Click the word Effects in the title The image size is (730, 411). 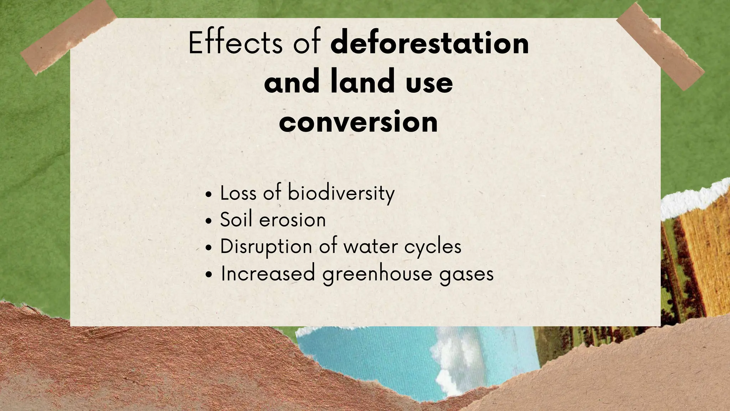click(235, 43)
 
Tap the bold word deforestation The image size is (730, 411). click(430, 43)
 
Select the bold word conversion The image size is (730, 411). click(358, 122)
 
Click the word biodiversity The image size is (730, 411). click(341, 193)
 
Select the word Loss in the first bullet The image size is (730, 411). click(238, 193)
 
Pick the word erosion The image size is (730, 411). click(292, 220)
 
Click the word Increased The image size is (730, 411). click(268, 274)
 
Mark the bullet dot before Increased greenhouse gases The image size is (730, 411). click(209, 275)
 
